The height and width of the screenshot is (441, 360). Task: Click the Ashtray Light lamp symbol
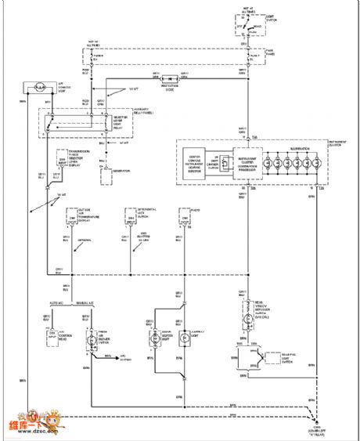[182, 338]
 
